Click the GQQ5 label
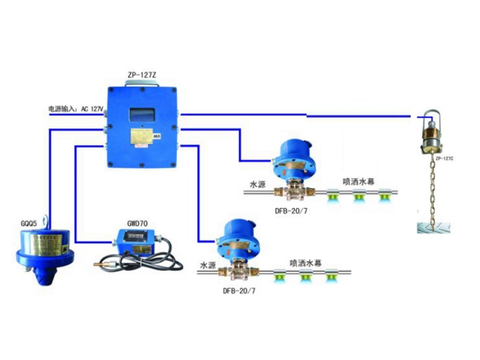coord(31,221)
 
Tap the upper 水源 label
coord(257,184)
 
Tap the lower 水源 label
coord(208,264)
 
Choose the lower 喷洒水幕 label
coord(307,262)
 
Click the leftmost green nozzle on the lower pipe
coord(280,277)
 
